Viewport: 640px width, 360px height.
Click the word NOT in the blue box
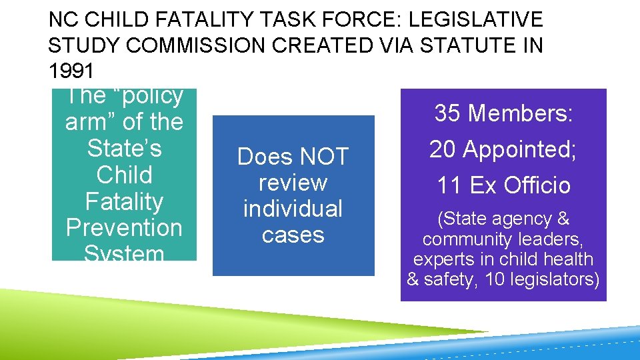pos(324,157)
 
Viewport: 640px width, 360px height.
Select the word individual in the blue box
pos(293,209)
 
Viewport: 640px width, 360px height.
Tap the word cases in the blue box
pos(293,235)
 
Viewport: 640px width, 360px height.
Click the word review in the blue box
pos(293,183)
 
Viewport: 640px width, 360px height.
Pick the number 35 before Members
pos(449,113)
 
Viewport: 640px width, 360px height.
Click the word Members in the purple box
pos(521,113)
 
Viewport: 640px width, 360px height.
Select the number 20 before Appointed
pos(444,149)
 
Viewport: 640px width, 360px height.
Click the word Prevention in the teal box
pos(124,227)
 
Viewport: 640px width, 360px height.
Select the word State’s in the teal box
pos(124,148)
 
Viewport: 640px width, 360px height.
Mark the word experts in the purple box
pos(440,259)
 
